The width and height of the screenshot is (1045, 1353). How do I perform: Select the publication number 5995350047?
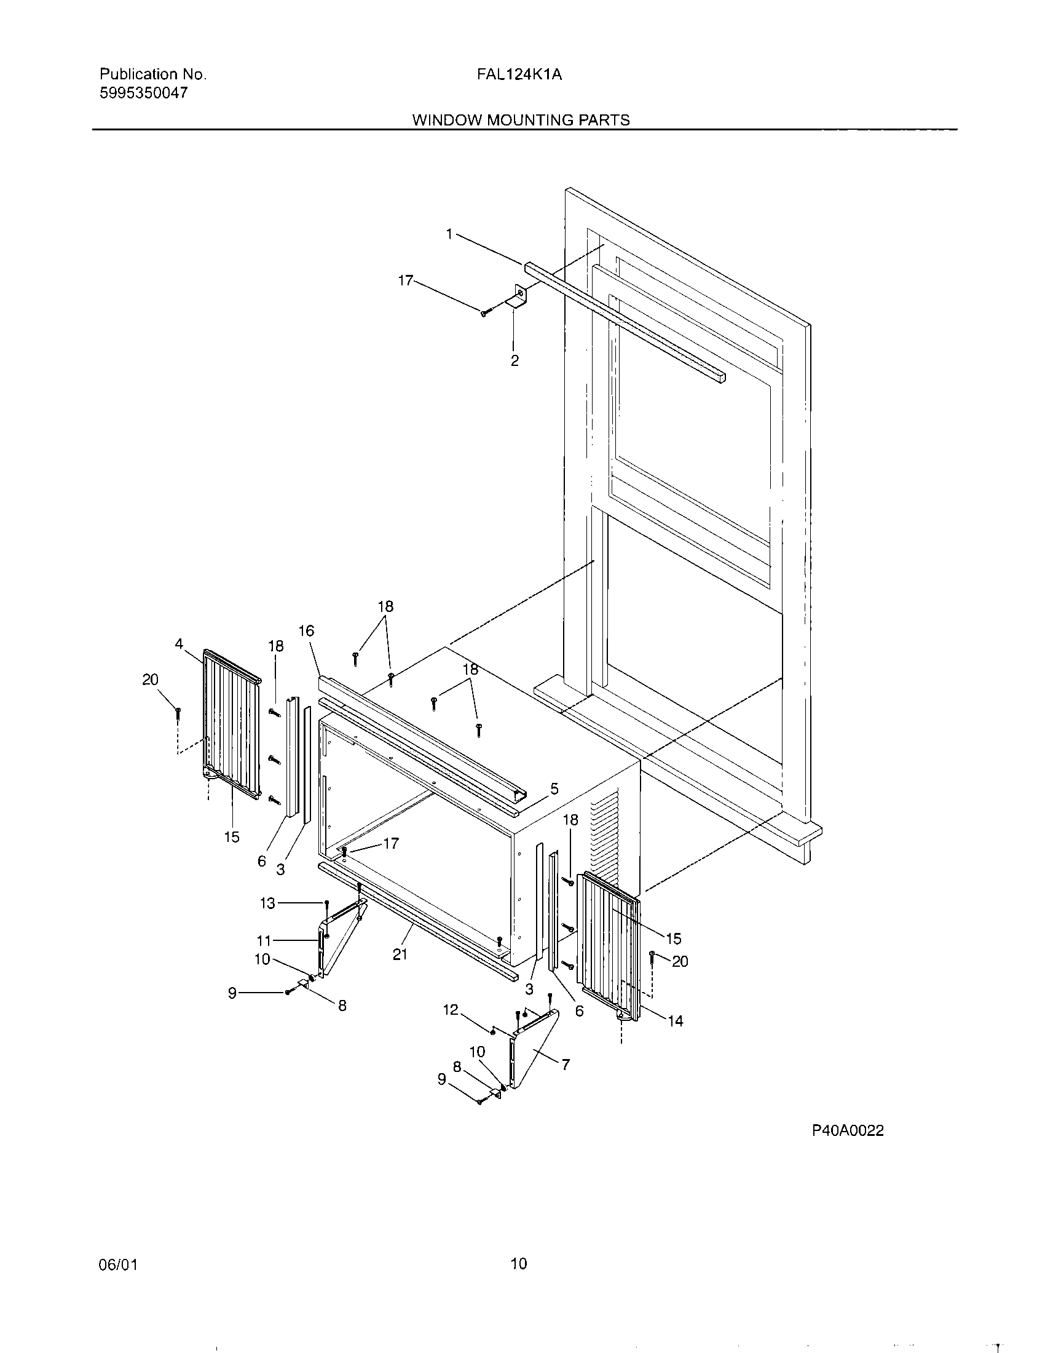(144, 93)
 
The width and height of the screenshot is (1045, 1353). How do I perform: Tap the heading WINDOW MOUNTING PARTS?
(521, 120)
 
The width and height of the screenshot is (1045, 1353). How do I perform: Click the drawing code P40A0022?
(848, 1130)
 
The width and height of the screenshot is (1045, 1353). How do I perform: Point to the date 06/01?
(117, 1264)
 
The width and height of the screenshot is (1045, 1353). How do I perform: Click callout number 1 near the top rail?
(449, 234)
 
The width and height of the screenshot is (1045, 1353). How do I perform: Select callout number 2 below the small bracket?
(515, 360)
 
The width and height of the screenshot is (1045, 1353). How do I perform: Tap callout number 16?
(307, 630)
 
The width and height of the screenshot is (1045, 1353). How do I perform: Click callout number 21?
(400, 954)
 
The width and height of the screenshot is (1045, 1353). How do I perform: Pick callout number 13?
(267, 903)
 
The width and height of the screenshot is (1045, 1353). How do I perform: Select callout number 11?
(264, 941)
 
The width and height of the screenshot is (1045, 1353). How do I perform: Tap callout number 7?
(565, 1065)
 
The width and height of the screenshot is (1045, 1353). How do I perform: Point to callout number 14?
(676, 1021)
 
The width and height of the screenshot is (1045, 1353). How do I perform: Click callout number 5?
(554, 788)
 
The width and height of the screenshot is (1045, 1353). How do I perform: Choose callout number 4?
(179, 645)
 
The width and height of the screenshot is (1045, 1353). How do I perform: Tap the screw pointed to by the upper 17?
(485, 314)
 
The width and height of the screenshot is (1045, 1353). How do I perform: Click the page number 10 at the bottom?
(519, 1263)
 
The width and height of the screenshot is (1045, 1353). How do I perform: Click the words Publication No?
(153, 75)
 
